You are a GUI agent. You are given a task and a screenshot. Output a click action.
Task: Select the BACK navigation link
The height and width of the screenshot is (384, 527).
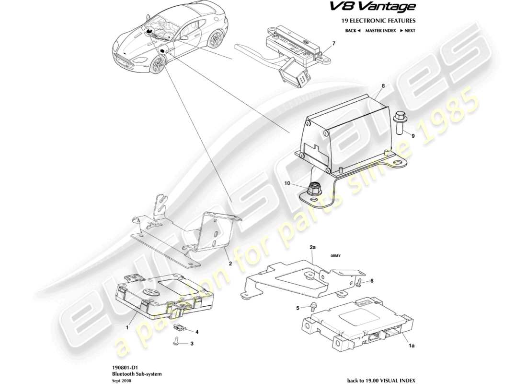point(352,30)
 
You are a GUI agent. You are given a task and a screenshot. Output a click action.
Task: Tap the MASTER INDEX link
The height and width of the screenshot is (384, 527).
point(380,30)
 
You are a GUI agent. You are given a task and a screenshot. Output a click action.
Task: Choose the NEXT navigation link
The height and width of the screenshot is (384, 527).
point(407,30)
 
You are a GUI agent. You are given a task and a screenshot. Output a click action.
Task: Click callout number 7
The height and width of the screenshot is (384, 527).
point(334,44)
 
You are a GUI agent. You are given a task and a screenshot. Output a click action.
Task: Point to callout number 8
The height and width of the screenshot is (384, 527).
point(383,86)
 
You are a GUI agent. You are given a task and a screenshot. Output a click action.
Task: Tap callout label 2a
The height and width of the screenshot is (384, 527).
point(312,247)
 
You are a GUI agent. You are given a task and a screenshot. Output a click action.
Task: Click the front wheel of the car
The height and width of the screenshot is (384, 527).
point(157,64)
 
